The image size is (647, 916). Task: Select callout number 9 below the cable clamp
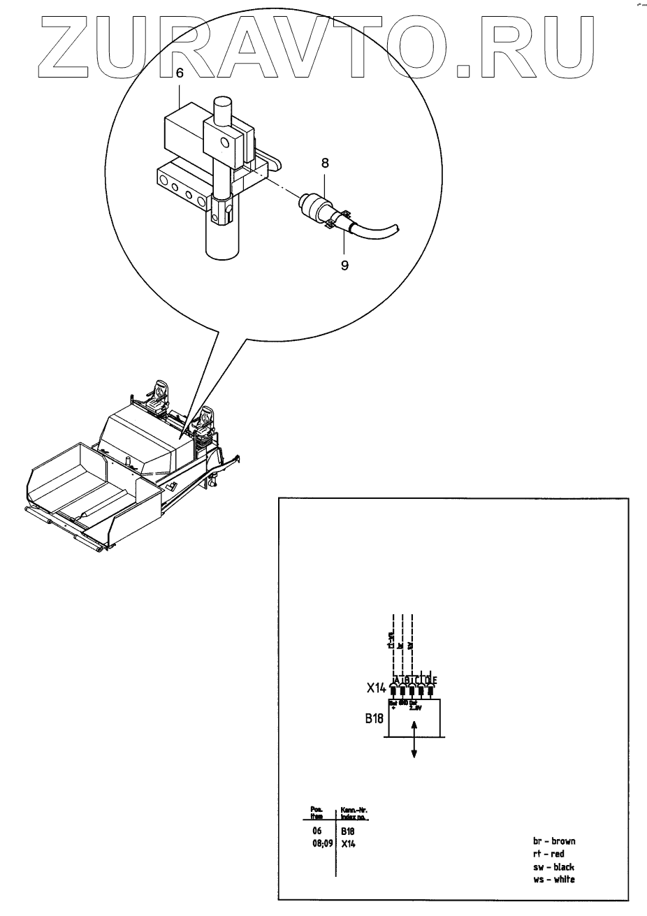click(344, 265)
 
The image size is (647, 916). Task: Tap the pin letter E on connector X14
click(435, 680)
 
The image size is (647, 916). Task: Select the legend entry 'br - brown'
click(553, 841)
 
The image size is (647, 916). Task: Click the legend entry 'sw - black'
click(553, 866)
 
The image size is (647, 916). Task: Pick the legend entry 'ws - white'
click(553, 879)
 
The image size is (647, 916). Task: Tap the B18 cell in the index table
click(348, 831)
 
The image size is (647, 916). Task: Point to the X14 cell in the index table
click(348, 843)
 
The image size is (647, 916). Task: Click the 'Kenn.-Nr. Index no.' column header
click(354, 813)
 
